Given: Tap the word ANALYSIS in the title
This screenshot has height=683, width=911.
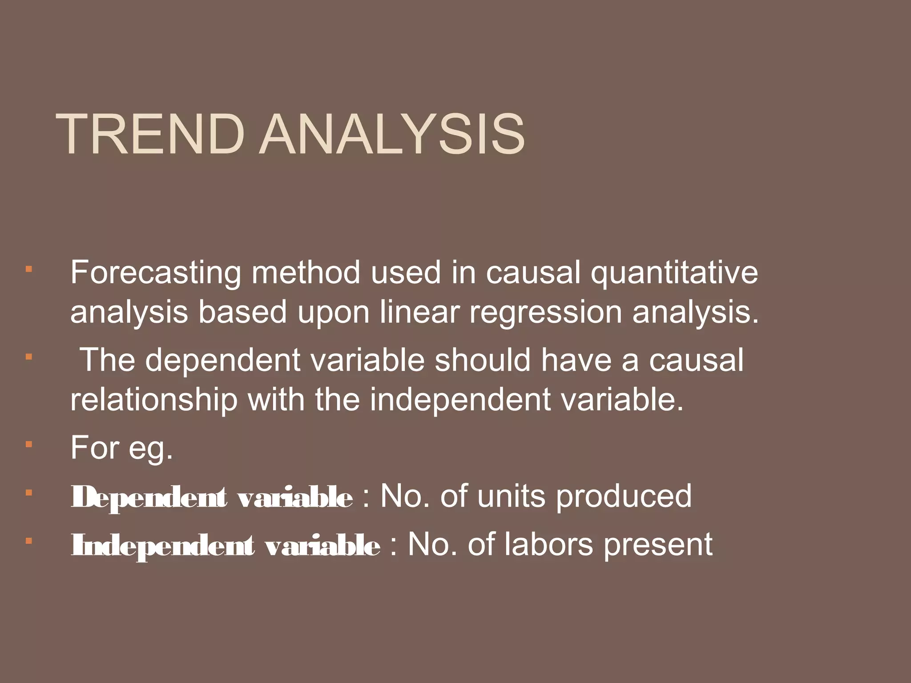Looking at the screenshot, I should point(393,134).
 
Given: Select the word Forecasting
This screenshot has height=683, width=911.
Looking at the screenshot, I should point(156,273).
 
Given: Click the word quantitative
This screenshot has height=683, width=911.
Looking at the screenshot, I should point(674,273).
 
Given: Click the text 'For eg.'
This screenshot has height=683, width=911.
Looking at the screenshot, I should point(121,448).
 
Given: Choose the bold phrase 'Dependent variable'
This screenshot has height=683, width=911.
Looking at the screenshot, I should point(212,498).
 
